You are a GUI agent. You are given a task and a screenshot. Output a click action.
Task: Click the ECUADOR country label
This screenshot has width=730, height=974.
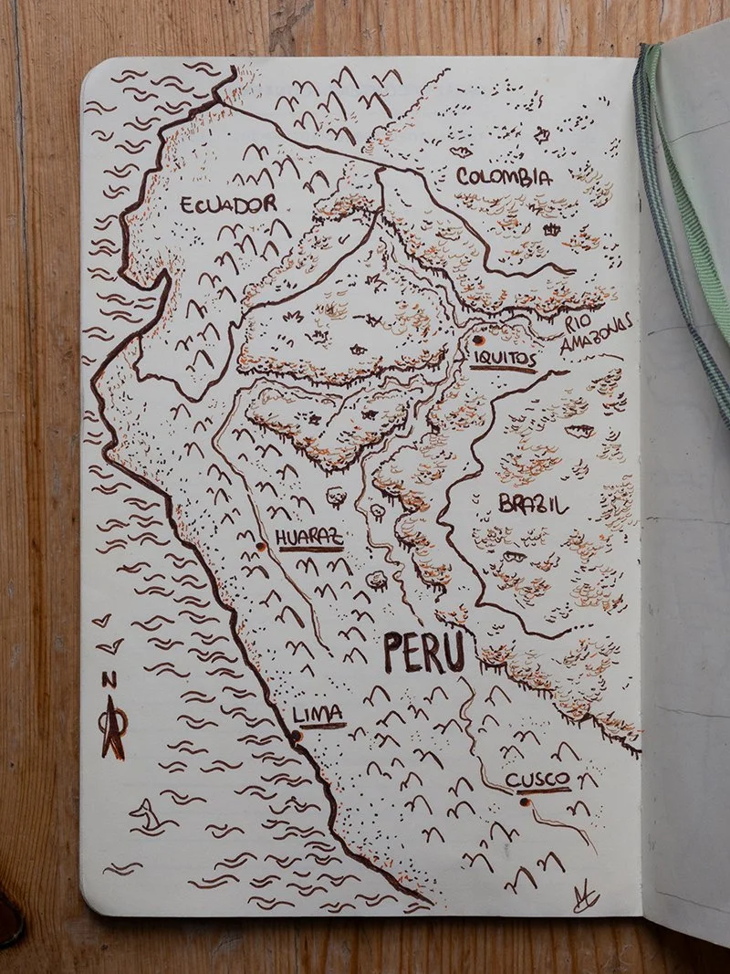pos(227,204)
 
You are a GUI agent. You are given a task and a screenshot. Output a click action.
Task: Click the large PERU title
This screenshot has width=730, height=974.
pos(424,654)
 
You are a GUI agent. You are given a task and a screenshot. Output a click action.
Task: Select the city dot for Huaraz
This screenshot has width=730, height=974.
pos(259,547)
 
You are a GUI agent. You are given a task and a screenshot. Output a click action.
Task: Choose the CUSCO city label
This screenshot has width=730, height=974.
pos(537,779)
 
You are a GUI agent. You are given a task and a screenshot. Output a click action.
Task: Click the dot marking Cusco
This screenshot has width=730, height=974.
pos(526,802)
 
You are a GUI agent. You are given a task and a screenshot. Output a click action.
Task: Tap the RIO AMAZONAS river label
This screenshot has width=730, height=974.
pos(592,334)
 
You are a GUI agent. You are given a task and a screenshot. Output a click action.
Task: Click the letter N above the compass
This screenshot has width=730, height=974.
pos(109,678)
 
